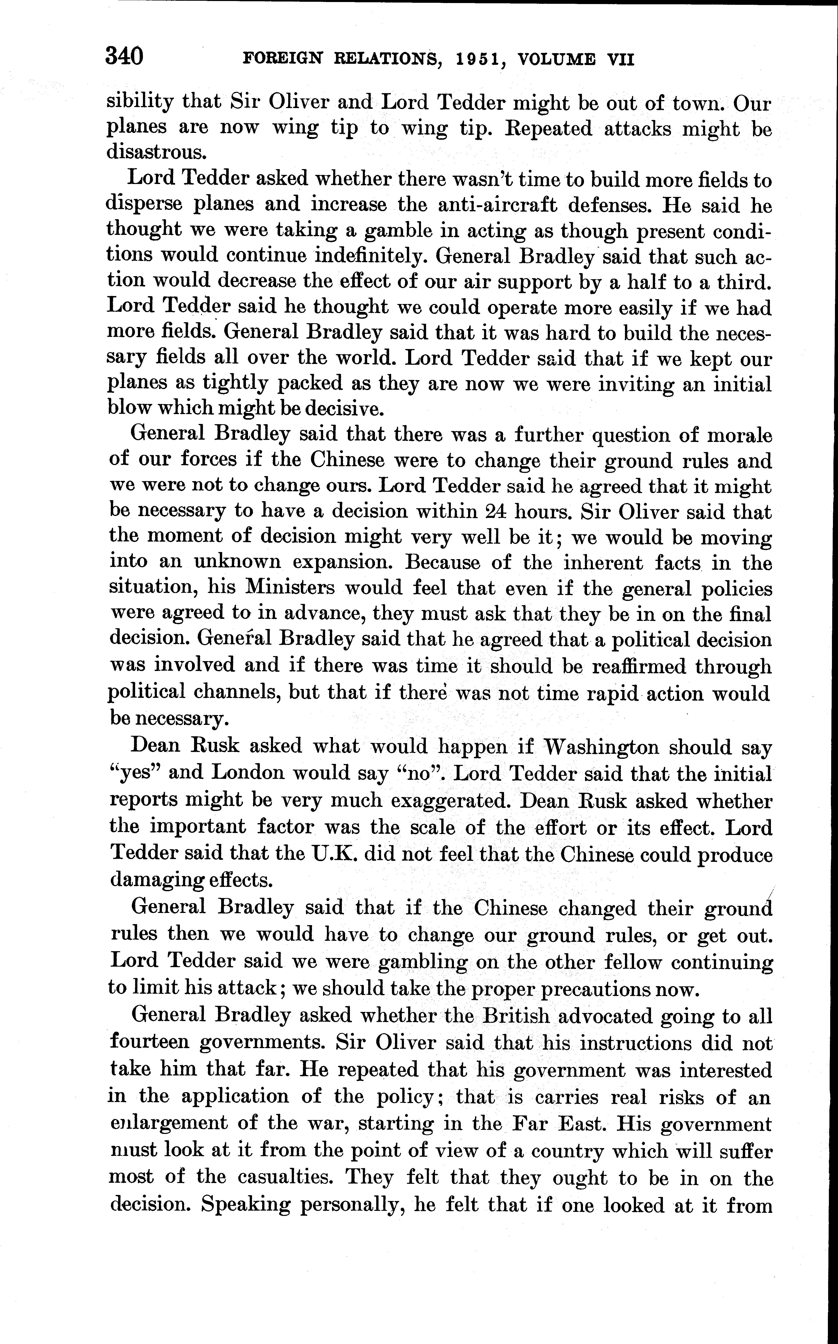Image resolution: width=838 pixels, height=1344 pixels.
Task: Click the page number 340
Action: [x=124, y=56]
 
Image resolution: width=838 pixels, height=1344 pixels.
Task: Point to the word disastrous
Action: [x=153, y=152]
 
